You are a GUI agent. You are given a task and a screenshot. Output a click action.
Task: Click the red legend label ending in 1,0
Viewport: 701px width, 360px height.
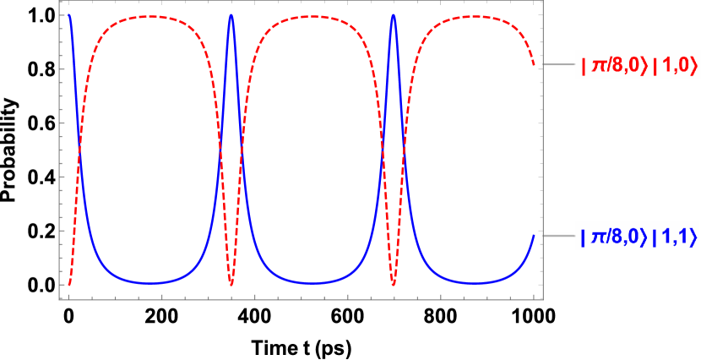(636, 63)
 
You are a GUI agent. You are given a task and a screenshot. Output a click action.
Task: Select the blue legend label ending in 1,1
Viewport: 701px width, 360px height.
(636, 236)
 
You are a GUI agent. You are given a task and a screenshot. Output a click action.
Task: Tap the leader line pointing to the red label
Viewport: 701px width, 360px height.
(557, 63)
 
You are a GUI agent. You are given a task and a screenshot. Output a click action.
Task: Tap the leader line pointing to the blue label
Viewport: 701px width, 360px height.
(557, 236)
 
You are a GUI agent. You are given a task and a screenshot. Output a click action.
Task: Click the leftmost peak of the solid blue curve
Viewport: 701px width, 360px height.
(69, 14)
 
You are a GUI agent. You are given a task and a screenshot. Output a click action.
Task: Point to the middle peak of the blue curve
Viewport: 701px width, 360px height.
(231, 14)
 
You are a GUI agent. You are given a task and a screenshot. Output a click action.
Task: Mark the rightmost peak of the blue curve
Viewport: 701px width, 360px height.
(394, 14)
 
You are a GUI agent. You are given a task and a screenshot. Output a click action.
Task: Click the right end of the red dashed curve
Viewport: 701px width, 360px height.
(534, 64)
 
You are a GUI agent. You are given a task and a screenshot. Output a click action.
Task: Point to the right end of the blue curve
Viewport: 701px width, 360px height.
(534, 236)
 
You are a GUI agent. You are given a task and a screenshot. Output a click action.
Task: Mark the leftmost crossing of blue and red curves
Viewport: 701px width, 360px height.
(79, 149)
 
